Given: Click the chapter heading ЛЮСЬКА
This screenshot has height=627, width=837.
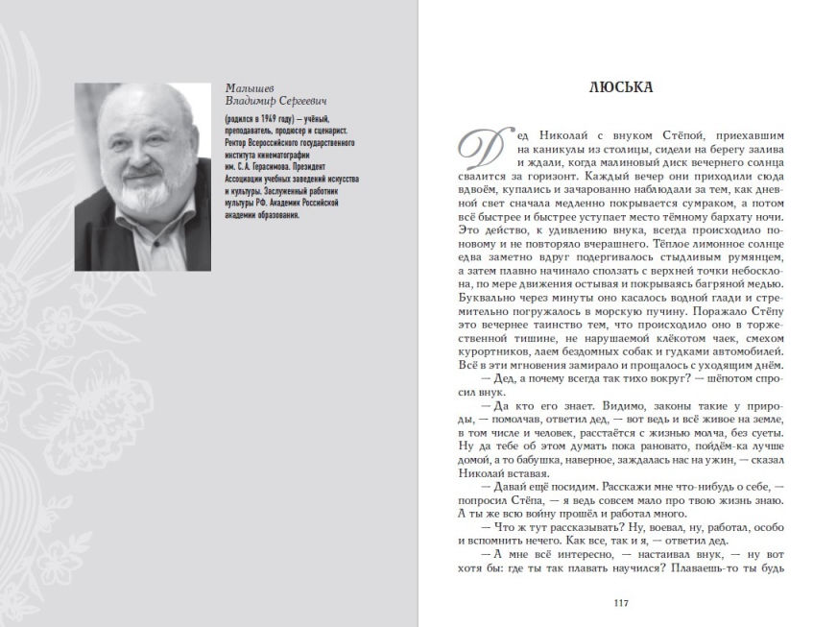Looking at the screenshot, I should pos(621,87).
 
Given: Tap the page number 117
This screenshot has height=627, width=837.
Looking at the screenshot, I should pos(620,603).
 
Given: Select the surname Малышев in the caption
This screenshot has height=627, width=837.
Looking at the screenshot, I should pos(246,87).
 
